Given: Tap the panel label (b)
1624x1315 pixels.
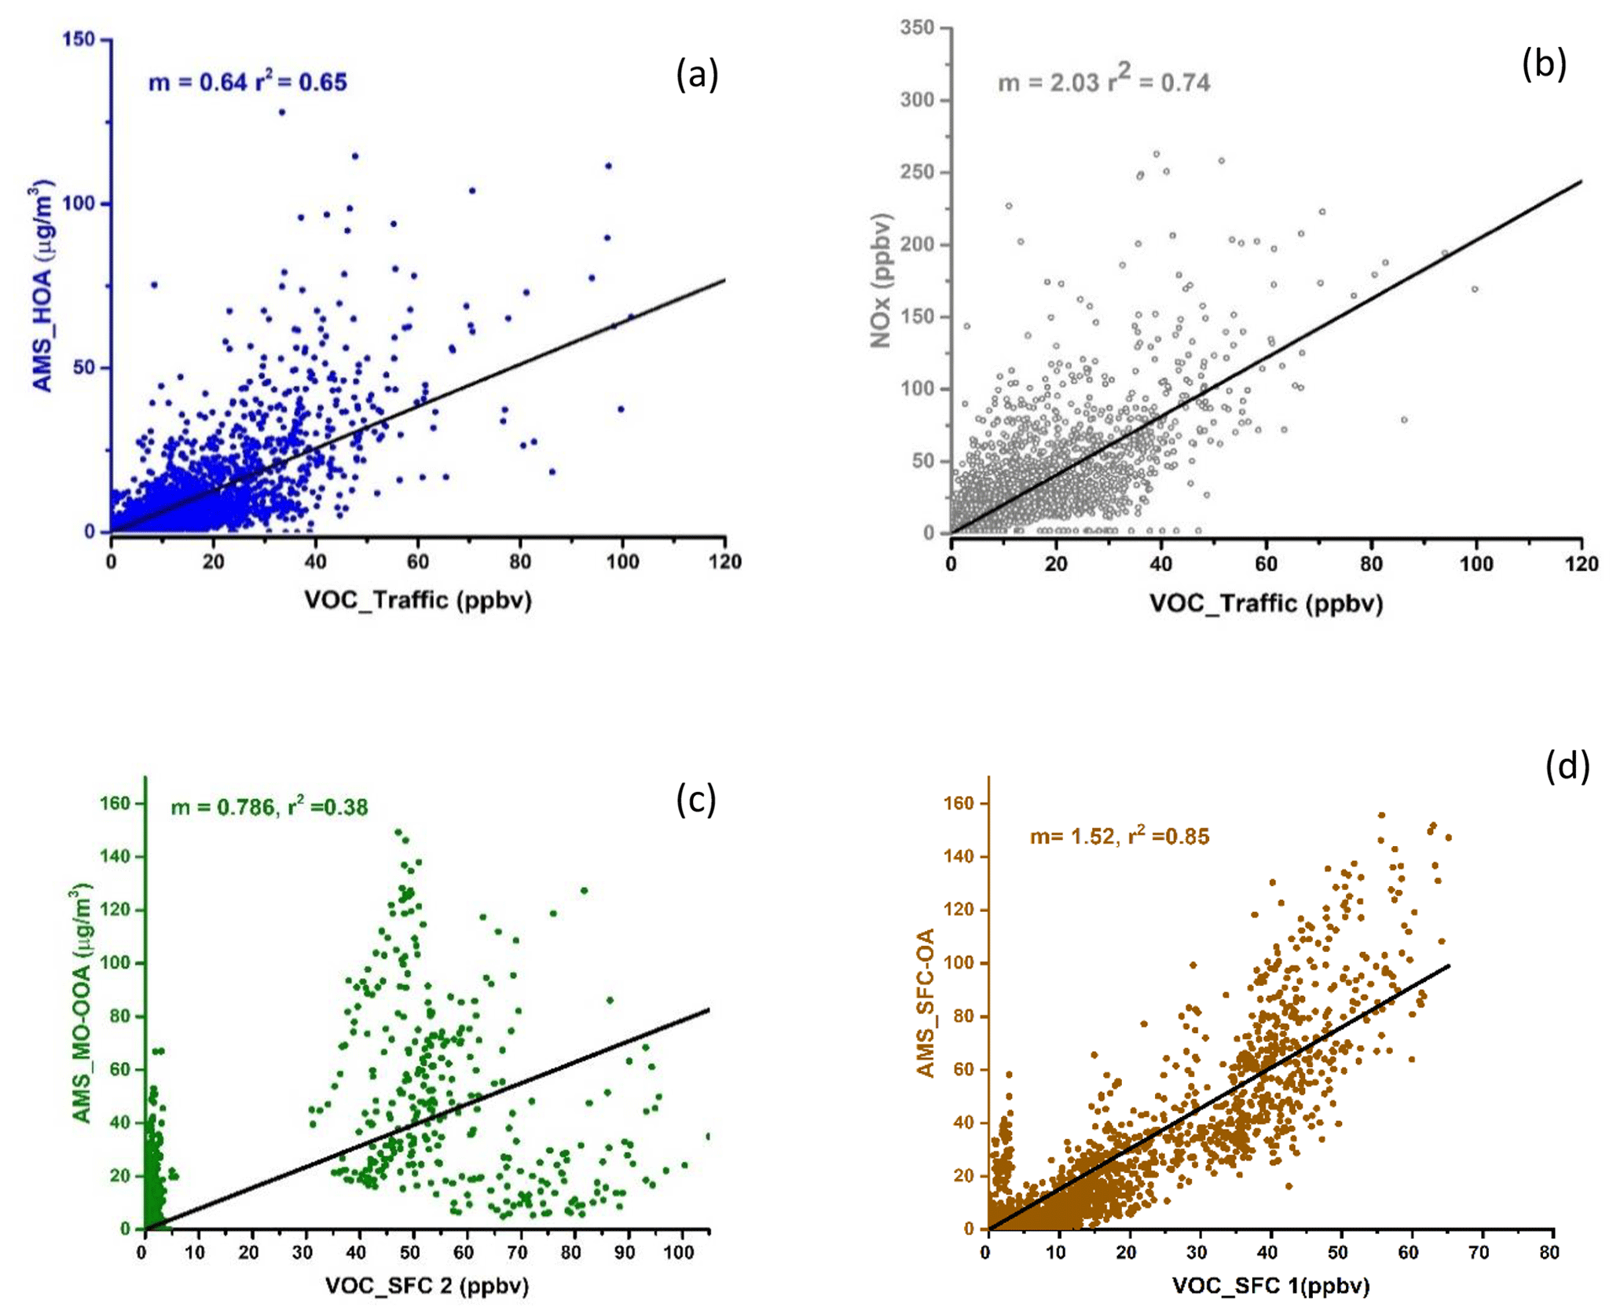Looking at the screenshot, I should (1543, 64).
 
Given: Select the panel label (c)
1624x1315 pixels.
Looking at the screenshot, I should (696, 800).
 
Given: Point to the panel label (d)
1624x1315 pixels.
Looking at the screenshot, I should (1567, 766).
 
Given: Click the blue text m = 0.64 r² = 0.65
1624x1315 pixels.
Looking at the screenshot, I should (247, 82).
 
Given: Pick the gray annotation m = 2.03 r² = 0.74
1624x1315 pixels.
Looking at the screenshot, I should (1103, 81).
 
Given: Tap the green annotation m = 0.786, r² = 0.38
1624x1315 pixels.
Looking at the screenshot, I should (269, 806).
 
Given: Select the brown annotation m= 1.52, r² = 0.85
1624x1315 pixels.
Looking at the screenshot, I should (1119, 836).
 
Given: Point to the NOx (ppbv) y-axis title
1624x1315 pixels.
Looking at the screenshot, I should (882, 280).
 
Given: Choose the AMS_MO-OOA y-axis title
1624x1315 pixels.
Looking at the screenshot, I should (82, 1003).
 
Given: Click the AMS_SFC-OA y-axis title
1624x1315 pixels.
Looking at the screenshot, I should (927, 1003).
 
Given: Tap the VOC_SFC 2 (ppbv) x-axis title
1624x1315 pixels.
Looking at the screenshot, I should (427, 1286).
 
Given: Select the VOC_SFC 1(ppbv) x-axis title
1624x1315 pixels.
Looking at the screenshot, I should (1270, 1286).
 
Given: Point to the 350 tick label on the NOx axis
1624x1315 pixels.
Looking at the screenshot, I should (917, 27).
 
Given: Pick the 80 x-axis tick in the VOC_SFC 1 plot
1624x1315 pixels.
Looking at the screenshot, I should (1549, 1252).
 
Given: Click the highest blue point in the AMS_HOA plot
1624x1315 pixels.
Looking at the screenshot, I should (281, 112).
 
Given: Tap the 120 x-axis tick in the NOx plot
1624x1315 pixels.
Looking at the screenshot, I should (1581, 563).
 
